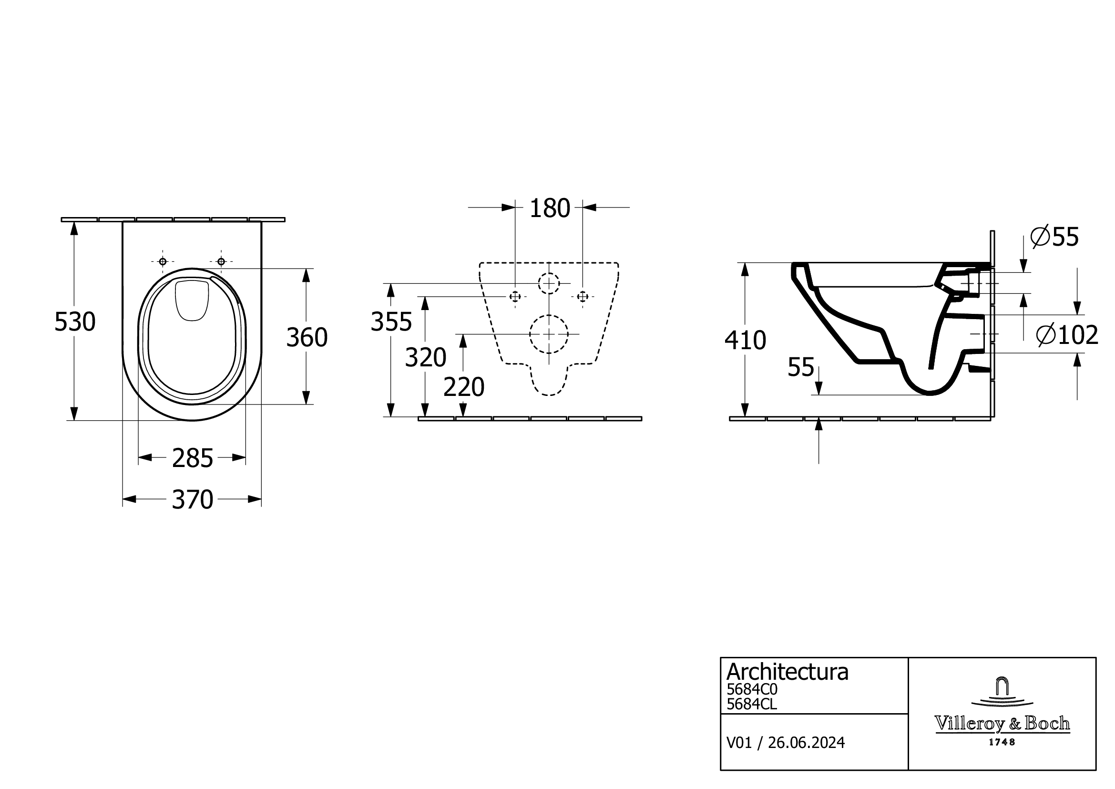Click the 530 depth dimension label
pos(75,322)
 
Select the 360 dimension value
pos(307,338)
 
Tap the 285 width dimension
pos(192,458)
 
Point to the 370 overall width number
pos(192,500)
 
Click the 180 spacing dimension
pos(549,208)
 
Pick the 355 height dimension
pos(391,322)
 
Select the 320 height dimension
pos(425,358)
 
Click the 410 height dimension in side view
pos(745,341)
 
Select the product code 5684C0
pos(752,689)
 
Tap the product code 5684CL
pos(751,704)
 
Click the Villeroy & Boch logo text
pos(1002,724)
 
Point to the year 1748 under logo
pos(1002,742)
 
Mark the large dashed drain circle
pos(549,334)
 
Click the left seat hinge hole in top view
pos(163,262)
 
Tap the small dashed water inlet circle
pos(549,283)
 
